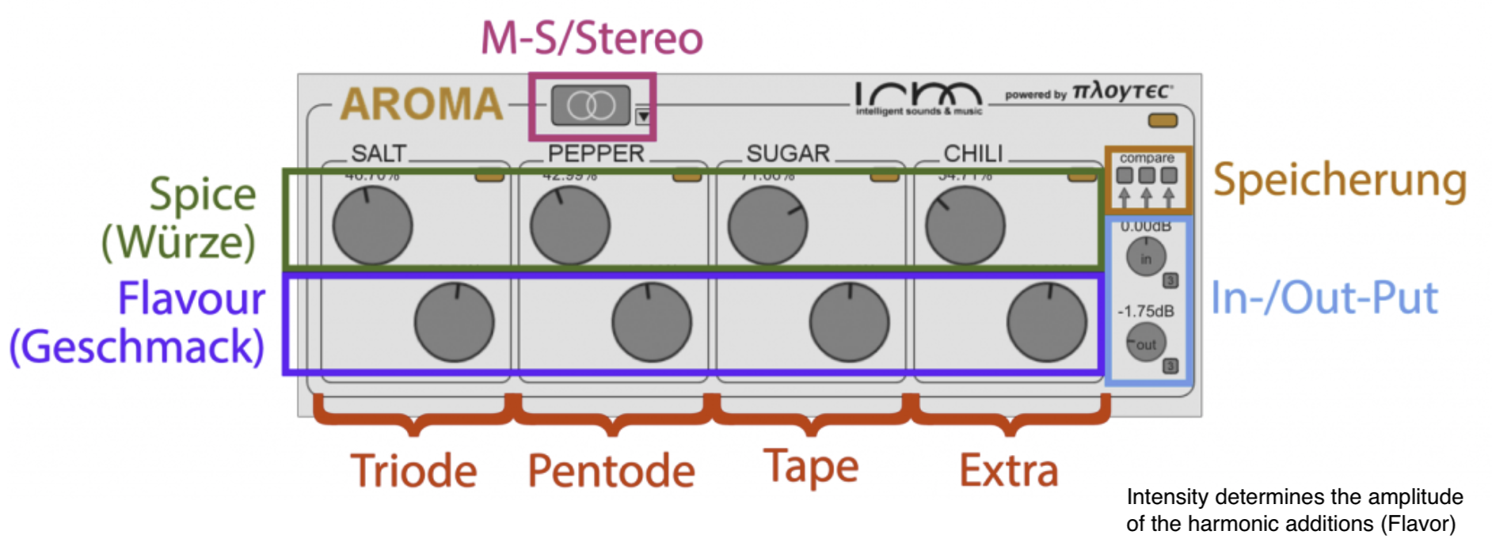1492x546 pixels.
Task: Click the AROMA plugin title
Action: pos(421,104)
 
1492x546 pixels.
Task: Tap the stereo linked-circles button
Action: pos(591,105)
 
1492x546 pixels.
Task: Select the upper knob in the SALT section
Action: pos(372,226)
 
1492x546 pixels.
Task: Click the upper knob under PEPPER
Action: pos(570,226)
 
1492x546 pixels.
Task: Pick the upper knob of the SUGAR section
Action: pos(767,226)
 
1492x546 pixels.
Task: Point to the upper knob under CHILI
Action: pos(965,226)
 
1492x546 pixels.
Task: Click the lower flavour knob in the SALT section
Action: pos(454,322)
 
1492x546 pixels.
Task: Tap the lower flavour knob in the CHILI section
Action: pos(1046,322)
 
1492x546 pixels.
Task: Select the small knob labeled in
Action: pos(1145,258)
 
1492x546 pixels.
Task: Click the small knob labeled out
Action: pos(1145,343)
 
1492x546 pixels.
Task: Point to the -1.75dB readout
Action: pos(1145,311)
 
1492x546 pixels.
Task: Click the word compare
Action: pos(1147,157)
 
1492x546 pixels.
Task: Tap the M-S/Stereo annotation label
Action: pos(592,38)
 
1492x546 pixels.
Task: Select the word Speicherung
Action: pos(1340,180)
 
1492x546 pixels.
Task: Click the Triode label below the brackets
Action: pos(413,471)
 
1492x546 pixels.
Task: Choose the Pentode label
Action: pos(611,471)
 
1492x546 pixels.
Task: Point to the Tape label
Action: pos(811,467)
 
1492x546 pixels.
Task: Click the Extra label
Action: pos(1008,471)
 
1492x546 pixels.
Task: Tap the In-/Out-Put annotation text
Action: pos(1324,298)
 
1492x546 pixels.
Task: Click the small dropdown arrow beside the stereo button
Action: pos(643,116)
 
